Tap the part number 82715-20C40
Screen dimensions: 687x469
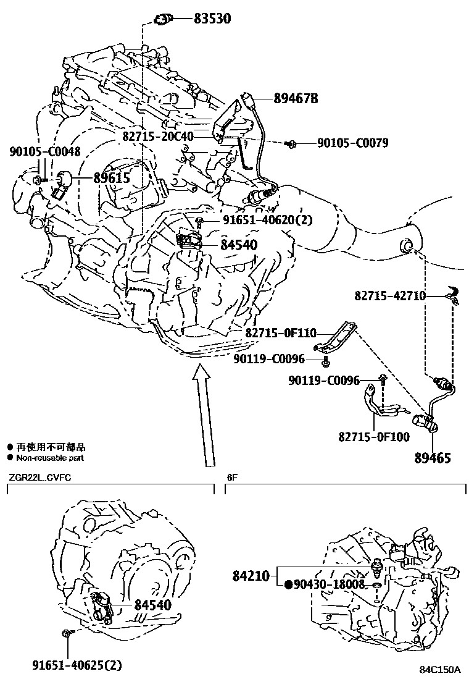tap(157, 137)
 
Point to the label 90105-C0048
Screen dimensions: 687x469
tap(44, 151)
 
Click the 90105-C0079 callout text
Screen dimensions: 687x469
tap(352, 143)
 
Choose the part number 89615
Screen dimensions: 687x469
tap(112, 178)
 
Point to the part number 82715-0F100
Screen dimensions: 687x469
tap(373, 437)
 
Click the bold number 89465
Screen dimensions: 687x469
tap(432, 458)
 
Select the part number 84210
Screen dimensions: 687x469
tap(251, 576)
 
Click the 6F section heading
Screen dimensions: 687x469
tap(232, 477)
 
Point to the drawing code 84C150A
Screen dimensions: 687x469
tap(441, 670)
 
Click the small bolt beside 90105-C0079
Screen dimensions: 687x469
tap(292, 144)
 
